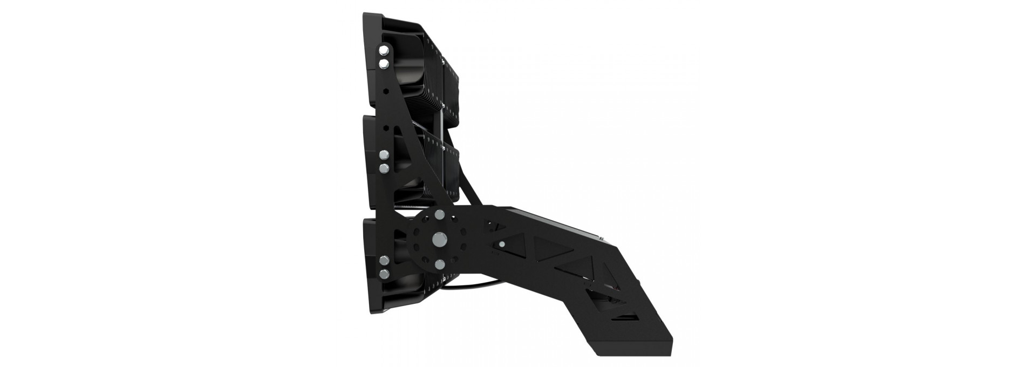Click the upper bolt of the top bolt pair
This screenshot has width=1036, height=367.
coord(384,50)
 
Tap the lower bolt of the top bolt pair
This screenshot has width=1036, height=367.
coord(384,64)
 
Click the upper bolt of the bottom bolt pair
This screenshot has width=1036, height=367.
coord(384,261)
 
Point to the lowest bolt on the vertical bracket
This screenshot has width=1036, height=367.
coord(384,274)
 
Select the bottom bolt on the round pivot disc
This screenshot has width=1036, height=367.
coord(439,264)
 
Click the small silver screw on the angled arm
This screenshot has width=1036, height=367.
coord(502,244)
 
